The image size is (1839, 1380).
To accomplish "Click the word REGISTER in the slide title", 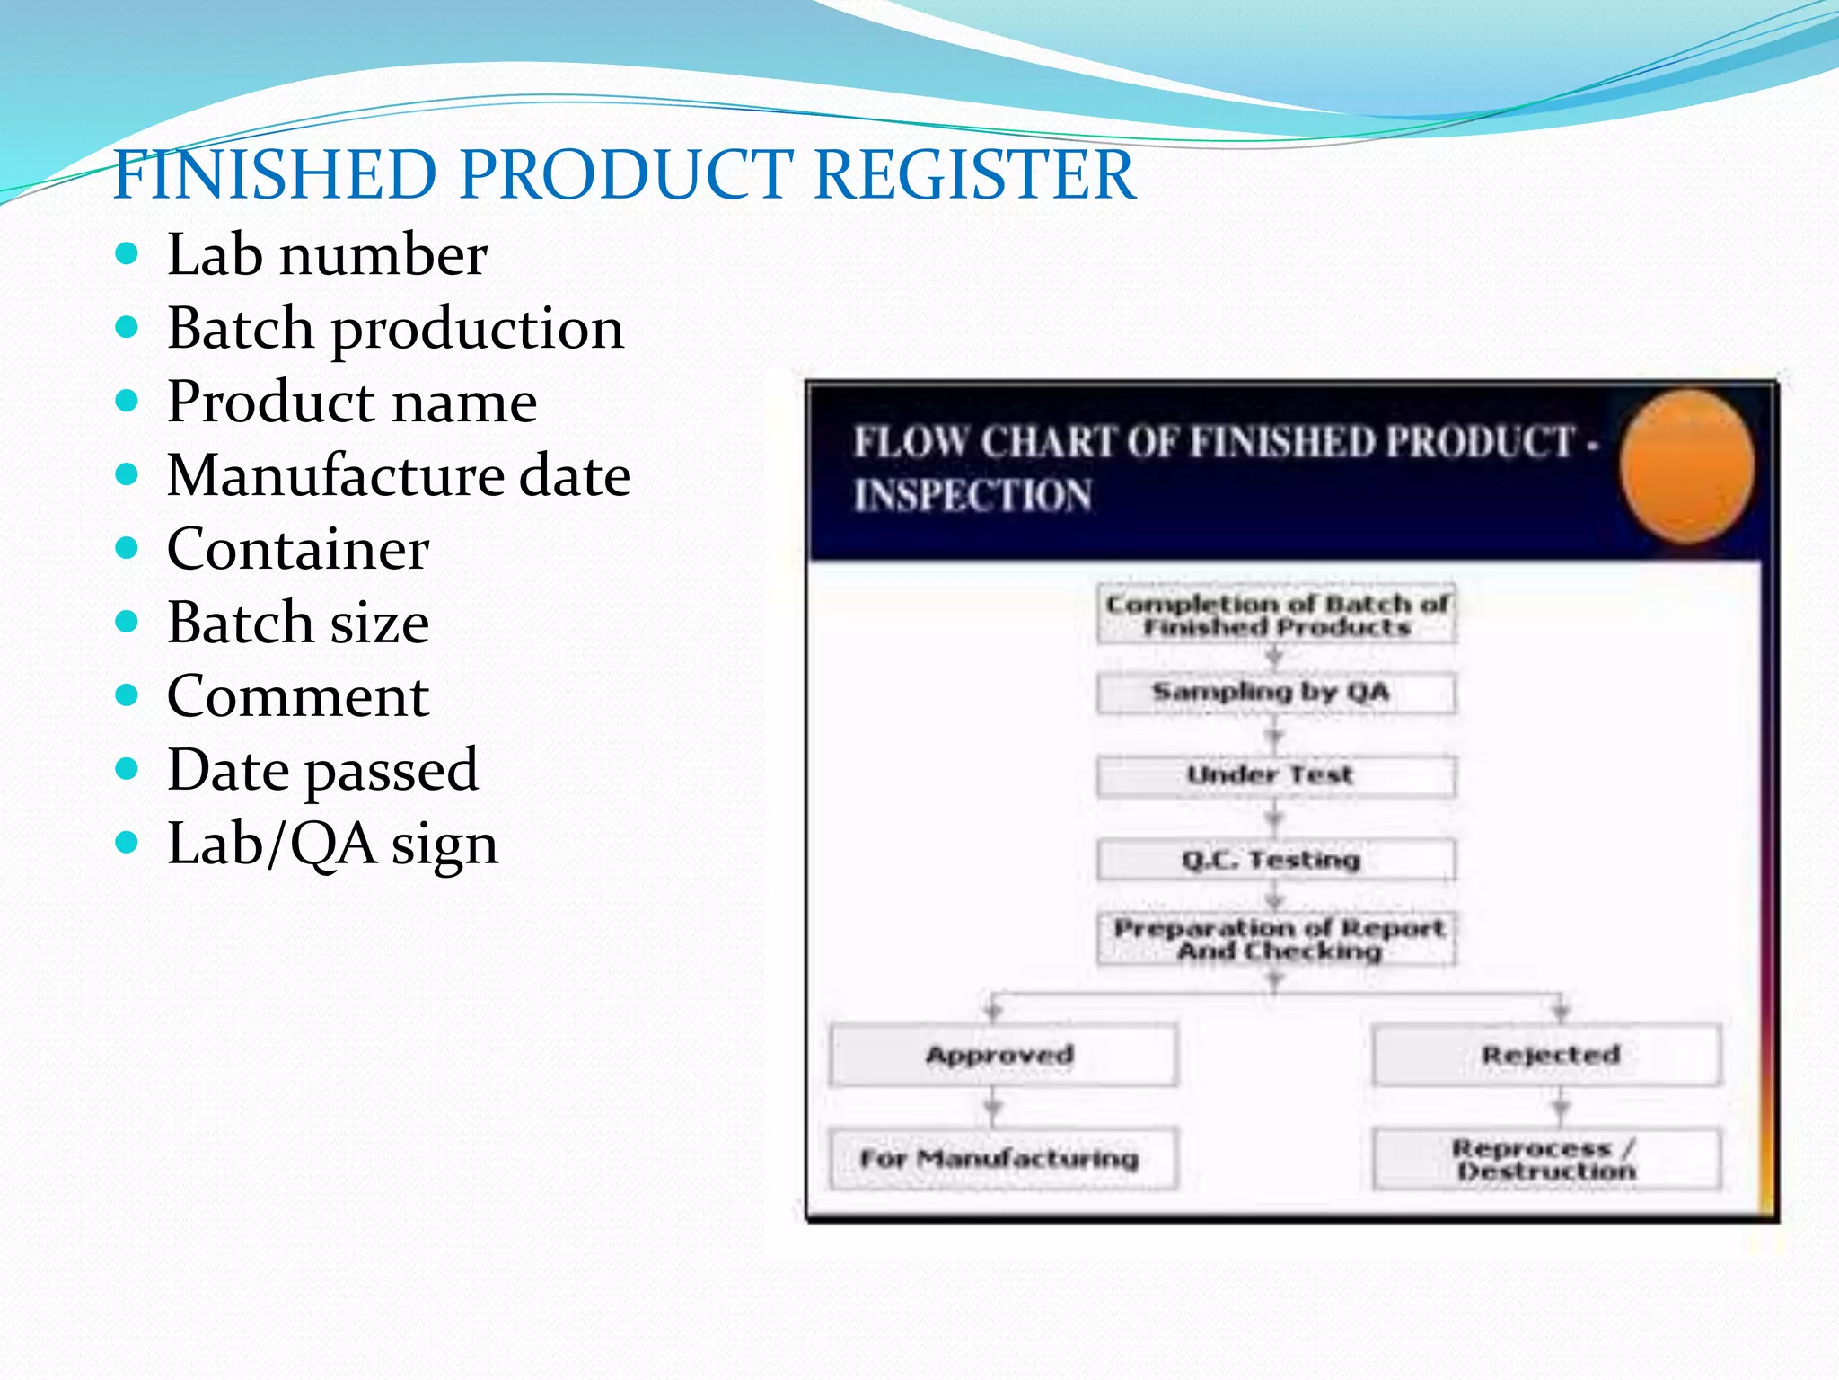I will pyautogui.click(x=974, y=174).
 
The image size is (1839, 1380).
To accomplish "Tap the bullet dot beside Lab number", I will pyautogui.click(x=128, y=253).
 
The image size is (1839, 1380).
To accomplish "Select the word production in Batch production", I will pyautogui.click(x=478, y=329).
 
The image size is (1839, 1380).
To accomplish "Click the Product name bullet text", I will pyautogui.click(x=352, y=402).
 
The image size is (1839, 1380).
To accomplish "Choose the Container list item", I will pyautogui.click(x=298, y=549).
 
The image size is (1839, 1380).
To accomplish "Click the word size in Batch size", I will pyautogui.click(x=380, y=623).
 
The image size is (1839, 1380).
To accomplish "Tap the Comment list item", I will pyautogui.click(x=298, y=696).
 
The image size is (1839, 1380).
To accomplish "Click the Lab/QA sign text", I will pyautogui.click(x=332, y=845).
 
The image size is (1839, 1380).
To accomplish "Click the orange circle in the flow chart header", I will pyautogui.click(x=1686, y=465).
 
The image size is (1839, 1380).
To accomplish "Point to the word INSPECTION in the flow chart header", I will pyautogui.click(x=972, y=496).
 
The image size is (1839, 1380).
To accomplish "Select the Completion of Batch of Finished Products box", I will pyautogui.click(x=1276, y=615).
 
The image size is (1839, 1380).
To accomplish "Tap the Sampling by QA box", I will pyautogui.click(x=1276, y=693).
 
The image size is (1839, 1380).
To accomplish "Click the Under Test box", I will pyautogui.click(x=1276, y=775).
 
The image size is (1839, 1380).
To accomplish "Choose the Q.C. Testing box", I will pyautogui.click(x=1276, y=860).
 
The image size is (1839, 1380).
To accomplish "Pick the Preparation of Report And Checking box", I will pyautogui.click(x=1276, y=939).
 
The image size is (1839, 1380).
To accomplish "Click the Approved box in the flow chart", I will pyautogui.click(x=1002, y=1055).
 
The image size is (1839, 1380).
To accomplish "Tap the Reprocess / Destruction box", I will pyautogui.click(x=1546, y=1159).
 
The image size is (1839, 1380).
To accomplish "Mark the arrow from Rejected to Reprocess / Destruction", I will pyautogui.click(x=1561, y=1108).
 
